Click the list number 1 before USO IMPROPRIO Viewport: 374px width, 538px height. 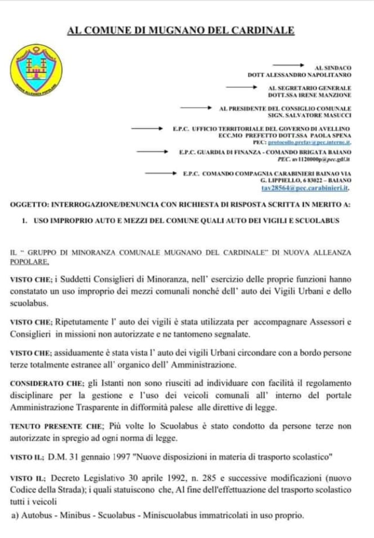tap(25, 220)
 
